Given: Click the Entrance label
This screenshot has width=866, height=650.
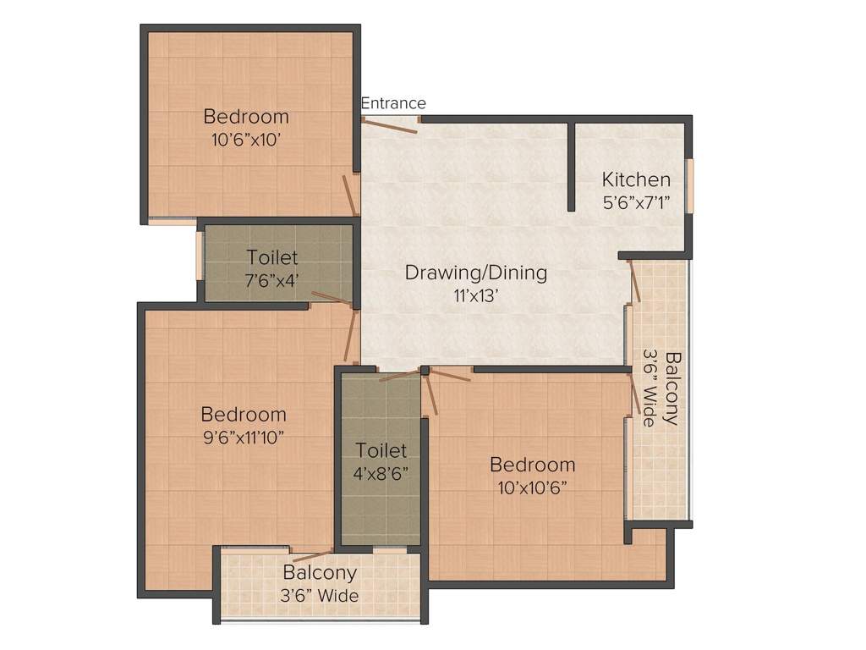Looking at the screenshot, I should click(x=393, y=103).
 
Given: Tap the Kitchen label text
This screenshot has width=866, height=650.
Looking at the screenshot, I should click(x=636, y=179).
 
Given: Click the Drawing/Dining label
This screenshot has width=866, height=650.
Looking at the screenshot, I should click(x=475, y=273).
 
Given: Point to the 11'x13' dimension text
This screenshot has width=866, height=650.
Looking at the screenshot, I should click(x=475, y=295).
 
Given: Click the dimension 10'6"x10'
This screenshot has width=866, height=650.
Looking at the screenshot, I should click(x=246, y=139).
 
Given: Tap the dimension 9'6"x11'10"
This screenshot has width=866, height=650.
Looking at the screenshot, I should click(x=244, y=437).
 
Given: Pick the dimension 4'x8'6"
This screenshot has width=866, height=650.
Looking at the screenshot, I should click(x=381, y=472).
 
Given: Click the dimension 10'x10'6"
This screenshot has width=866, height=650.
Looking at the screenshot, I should click(x=532, y=487).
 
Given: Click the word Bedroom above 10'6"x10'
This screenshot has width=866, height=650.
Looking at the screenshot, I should click(x=246, y=117).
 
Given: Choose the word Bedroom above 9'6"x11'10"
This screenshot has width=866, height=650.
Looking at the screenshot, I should click(x=244, y=415).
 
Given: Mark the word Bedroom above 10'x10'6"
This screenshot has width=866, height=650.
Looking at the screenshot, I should click(x=533, y=465).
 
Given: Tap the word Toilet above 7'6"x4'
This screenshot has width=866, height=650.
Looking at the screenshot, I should click(x=271, y=256).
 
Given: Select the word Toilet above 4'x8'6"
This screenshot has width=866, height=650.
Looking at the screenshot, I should click(x=381, y=450).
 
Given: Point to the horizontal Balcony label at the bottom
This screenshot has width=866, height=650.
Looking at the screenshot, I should click(x=320, y=573).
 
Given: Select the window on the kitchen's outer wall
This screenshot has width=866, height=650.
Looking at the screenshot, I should click(x=689, y=185).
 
